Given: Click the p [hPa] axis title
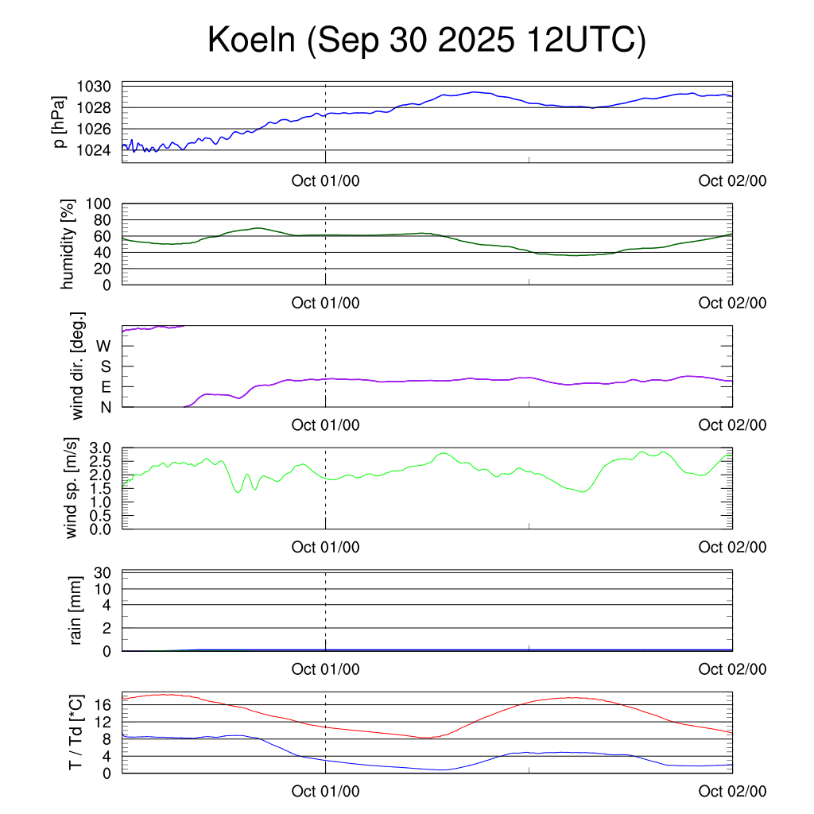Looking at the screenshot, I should pos(60,122).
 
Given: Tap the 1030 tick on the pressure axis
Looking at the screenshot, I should pos(99,87).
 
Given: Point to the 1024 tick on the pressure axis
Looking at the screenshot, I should pos(99,149).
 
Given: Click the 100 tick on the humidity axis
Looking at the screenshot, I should pos(103,203).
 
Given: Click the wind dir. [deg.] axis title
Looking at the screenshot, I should pos(78,366).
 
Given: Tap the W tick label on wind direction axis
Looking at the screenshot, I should pos(103,347).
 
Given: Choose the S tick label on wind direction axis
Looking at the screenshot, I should pos(105,366).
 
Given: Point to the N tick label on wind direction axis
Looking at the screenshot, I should pos(105,407).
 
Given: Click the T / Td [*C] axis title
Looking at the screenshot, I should pos(76,733).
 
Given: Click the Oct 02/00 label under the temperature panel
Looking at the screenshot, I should pos(732,791).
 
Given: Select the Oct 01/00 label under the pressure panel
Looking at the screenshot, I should pos(325,180).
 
